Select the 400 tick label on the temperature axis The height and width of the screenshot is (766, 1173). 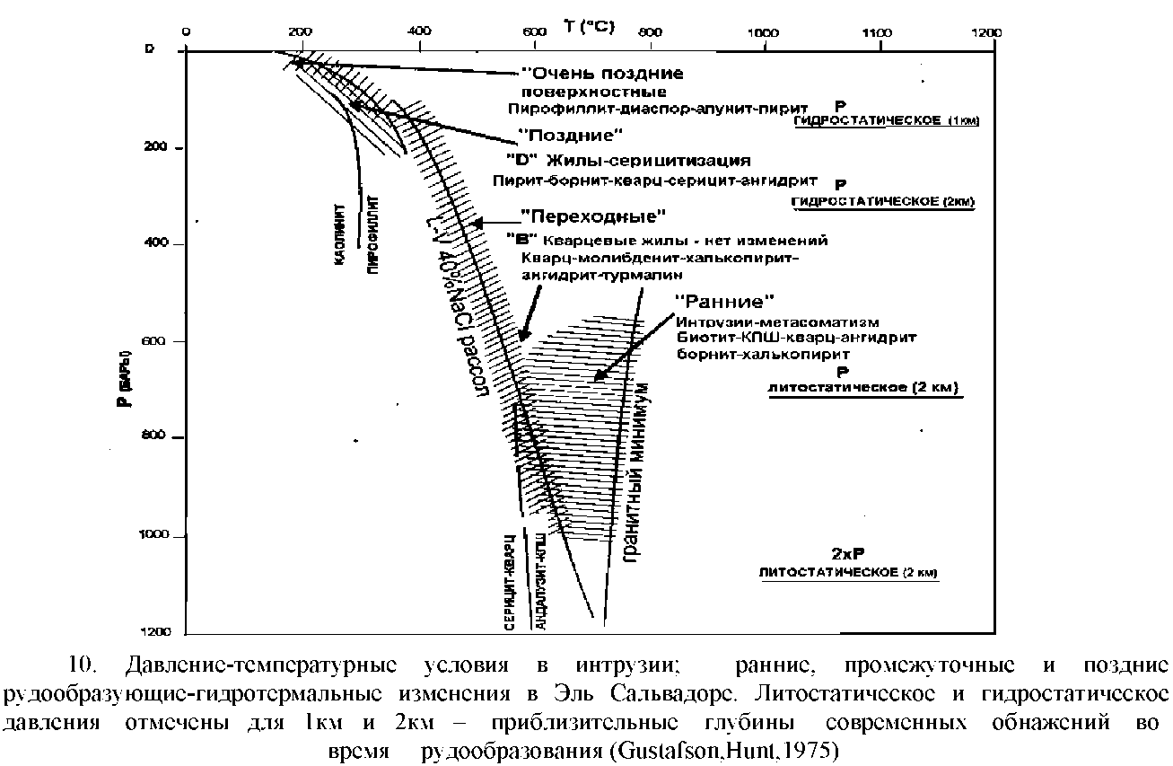pos(418,32)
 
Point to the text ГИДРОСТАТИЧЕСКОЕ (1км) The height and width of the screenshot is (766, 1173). pos(886,119)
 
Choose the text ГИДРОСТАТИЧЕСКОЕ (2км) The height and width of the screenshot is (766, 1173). pos(883,202)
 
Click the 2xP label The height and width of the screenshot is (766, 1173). pos(850,553)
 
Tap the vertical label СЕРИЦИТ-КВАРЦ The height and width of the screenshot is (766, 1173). pos(509,583)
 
